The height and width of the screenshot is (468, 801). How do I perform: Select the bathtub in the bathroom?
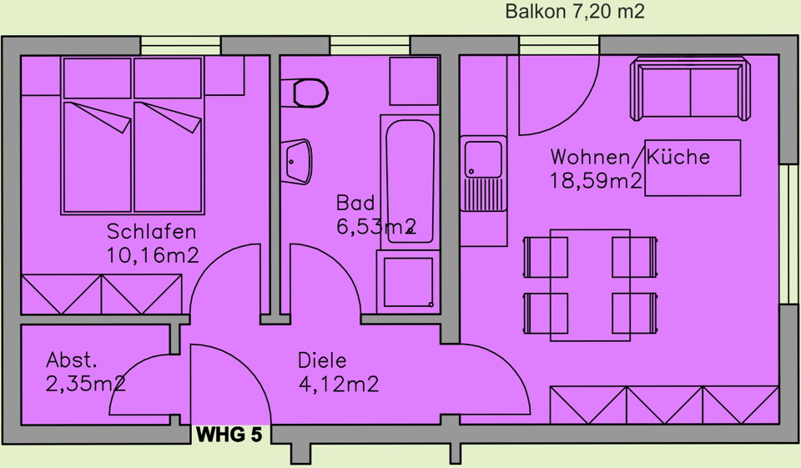point(410,180)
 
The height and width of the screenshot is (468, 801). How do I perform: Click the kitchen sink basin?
point(483,159)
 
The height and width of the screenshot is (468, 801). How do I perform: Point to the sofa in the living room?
point(690,89)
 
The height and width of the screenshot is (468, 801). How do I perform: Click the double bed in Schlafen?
point(133,135)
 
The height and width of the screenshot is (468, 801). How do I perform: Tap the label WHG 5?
point(229,435)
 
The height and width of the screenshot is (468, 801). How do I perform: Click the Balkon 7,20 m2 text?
point(575,11)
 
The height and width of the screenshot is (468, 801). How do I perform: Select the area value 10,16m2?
point(152,255)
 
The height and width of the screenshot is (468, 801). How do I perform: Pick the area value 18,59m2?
point(596,180)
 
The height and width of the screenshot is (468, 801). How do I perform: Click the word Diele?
point(322,360)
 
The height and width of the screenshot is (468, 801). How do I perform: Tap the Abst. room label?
point(72,360)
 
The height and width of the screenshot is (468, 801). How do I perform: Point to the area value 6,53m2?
point(376,226)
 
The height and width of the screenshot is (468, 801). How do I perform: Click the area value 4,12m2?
point(339,384)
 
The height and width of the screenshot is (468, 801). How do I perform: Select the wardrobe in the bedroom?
point(102,294)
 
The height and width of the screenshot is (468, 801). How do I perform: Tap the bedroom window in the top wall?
point(181,46)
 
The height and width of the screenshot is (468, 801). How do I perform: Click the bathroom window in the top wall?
point(370,46)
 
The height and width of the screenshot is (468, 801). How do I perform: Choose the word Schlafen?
point(151,231)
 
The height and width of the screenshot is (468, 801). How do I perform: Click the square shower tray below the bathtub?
point(408,282)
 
